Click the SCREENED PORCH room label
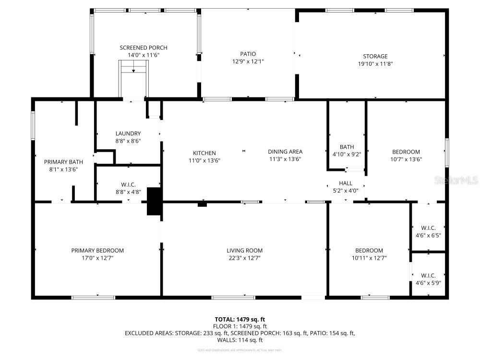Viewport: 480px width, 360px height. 143,48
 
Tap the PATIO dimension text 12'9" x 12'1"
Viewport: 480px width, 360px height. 248,61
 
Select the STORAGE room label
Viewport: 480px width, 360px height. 375,56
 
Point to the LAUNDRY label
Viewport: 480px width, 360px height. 128,133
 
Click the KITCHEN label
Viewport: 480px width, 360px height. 205,153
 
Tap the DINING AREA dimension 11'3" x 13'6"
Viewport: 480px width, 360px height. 285,159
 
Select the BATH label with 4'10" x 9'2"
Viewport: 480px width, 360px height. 347,147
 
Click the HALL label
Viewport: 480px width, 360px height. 346,183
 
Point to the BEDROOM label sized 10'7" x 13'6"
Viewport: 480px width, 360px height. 406,152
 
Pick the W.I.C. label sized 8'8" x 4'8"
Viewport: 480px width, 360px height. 128,185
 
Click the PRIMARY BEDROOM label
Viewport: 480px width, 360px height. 97,251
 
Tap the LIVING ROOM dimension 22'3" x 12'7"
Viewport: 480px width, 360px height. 244,258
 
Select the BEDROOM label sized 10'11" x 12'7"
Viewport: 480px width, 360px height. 369,251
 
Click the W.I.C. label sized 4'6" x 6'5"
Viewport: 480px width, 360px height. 428,228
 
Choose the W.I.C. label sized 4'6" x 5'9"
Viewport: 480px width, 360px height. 428,276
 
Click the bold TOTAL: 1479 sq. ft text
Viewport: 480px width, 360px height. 240,319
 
